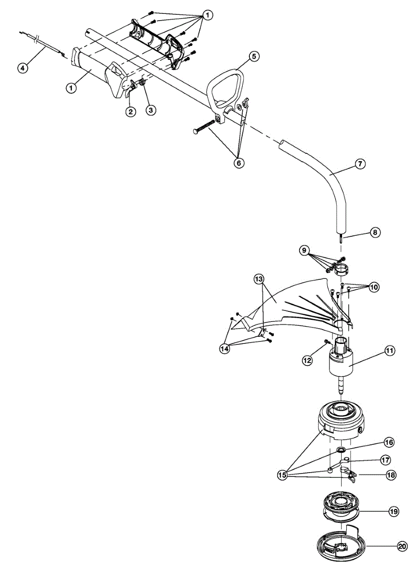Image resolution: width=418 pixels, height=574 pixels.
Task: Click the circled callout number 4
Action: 23,68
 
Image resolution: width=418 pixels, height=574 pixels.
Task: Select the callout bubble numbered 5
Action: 253,56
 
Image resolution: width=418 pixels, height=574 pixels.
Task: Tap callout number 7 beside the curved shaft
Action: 361,164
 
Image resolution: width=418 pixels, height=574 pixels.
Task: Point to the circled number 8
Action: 375,233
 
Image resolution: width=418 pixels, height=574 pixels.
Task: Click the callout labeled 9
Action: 304,250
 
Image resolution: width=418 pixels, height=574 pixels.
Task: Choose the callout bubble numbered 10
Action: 374,287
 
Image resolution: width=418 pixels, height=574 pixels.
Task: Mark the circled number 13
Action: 258,278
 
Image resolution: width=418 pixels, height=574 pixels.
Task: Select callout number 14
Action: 225,349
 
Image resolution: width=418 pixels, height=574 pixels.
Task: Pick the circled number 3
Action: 151,110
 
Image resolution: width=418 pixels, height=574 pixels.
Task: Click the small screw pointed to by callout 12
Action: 327,341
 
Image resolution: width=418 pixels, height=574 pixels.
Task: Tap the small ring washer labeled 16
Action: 341,450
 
